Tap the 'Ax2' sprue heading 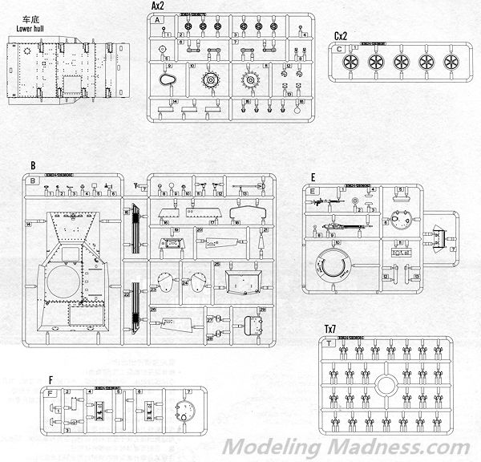[x=158, y=6]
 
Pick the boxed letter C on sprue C [x=340, y=49]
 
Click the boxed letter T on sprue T [x=330, y=342]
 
